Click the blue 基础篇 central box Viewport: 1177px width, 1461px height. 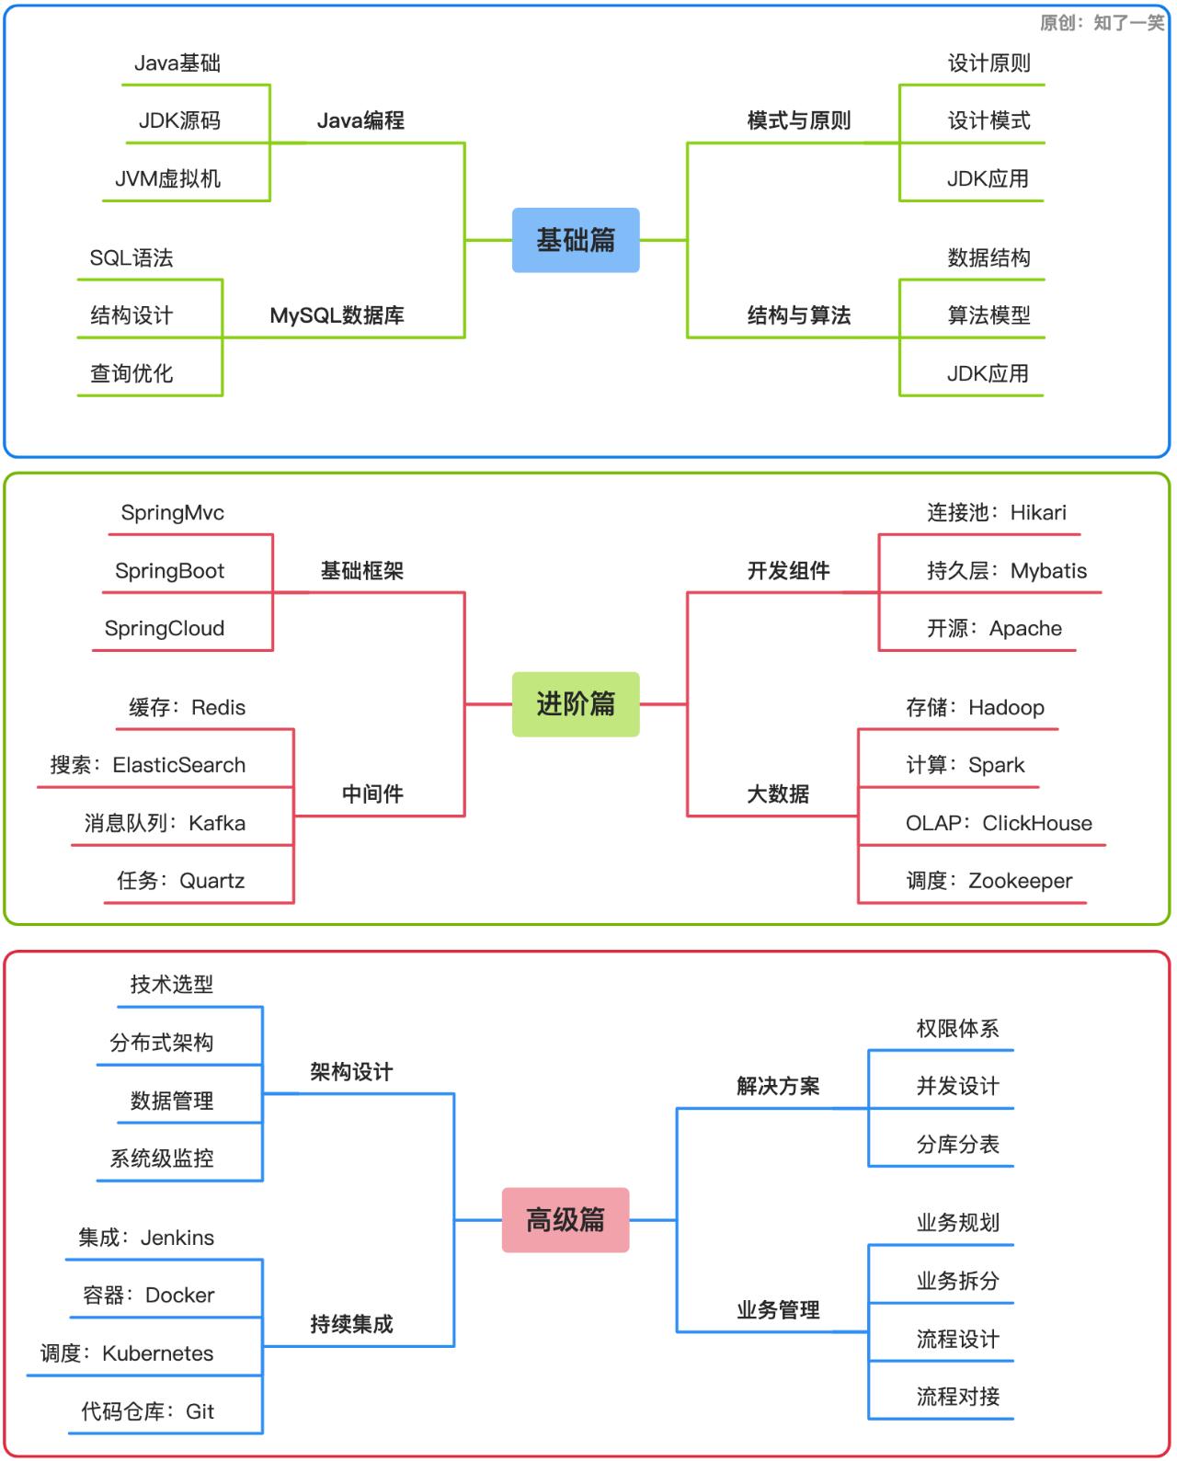(x=576, y=240)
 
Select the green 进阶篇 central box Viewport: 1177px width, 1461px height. (x=576, y=704)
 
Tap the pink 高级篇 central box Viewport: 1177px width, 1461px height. (x=566, y=1220)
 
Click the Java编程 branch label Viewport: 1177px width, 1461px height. (x=360, y=120)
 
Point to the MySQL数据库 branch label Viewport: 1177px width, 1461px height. (x=337, y=315)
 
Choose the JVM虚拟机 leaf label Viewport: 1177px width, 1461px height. (x=167, y=178)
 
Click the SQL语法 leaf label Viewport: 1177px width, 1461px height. (x=131, y=257)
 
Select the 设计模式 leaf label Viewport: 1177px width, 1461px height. (x=988, y=120)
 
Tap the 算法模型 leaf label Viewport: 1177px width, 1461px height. (x=988, y=315)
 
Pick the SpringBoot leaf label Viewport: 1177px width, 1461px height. (x=169, y=570)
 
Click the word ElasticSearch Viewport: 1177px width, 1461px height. (x=179, y=765)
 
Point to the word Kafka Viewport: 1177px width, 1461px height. (x=217, y=823)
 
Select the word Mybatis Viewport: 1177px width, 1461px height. (x=1048, y=570)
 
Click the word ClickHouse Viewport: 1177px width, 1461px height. (x=1037, y=823)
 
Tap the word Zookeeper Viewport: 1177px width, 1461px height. (x=1020, y=881)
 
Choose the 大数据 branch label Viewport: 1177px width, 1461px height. (x=778, y=793)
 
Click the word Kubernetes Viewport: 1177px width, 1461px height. (x=157, y=1353)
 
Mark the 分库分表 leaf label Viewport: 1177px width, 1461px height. (x=957, y=1144)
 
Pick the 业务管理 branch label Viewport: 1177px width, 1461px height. (x=778, y=1310)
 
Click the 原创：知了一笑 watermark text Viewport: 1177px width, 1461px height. (x=1102, y=22)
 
